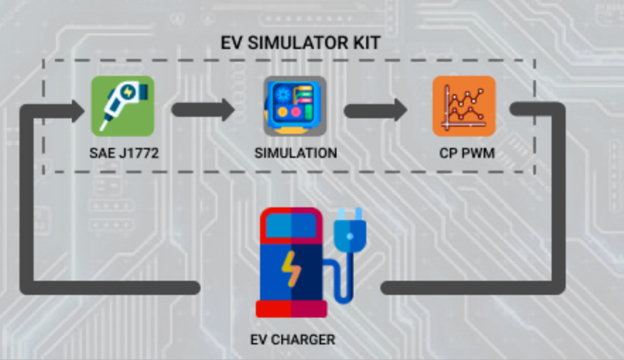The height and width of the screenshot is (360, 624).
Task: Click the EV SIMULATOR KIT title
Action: pyautogui.click(x=300, y=43)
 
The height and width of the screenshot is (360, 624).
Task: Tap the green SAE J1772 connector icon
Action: pyautogui.click(x=122, y=106)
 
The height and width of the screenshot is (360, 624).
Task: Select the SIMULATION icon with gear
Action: pyautogui.click(x=295, y=106)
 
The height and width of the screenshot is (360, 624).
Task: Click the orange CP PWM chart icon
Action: pyautogui.click(x=464, y=106)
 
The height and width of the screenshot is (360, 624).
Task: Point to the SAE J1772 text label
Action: pyautogui.click(x=124, y=153)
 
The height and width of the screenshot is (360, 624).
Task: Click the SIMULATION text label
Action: pyautogui.click(x=296, y=153)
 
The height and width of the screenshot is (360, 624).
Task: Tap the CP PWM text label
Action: pyautogui.click(x=467, y=153)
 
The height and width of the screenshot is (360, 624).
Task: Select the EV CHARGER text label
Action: pyautogui.click(x=292, y=339)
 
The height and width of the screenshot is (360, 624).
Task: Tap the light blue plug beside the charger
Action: pyautogui.click(x=350, y=230)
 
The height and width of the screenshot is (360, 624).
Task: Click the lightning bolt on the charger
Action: pyautogui.click(x=290, y=268)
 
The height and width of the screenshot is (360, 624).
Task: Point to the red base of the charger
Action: pyautogui.click(x=291, y=309)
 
